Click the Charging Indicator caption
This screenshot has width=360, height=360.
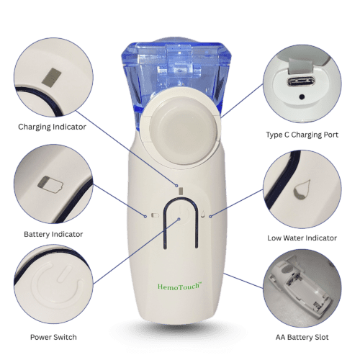tap(52, 127)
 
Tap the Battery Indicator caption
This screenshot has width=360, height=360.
tap(53, 234)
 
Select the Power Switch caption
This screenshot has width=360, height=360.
tap(53, 337)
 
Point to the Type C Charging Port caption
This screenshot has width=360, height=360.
tap(302, 135)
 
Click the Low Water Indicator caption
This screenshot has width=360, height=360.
tap(302, 238)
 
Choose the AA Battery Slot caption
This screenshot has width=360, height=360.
tap(302, 337)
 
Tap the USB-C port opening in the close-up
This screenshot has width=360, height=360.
tap(301, 81)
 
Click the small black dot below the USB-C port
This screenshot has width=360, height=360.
tap(302, 97)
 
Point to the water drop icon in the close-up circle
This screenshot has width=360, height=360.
tap(302, 189)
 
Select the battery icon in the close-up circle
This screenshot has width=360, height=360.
tap(50, 184)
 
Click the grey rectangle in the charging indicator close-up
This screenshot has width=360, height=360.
tap(51, 77)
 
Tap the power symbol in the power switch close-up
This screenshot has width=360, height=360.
tap(57, 286)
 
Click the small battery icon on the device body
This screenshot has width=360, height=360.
tap(156, 215)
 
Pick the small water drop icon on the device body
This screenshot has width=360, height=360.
tap(203, 215)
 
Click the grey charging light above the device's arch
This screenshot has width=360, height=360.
tap(181, 191)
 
